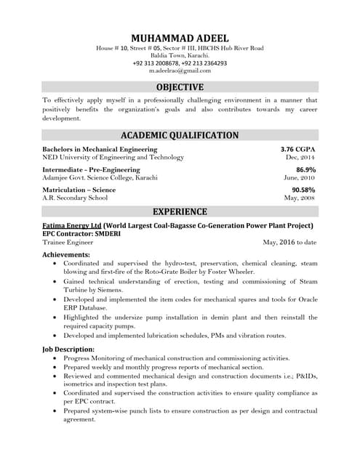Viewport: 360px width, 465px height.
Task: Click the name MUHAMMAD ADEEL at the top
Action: click(x=180, y=38)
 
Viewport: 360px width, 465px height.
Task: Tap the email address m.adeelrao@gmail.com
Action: click(x=180, y=71)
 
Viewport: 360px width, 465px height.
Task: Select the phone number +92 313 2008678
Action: click(x=155, y=63)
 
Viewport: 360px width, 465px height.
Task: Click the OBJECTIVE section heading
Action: click(x=180, y=88)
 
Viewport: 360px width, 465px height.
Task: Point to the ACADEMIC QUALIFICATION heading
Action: click(x=180, y=135)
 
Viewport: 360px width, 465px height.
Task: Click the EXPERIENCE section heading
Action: click(x=180, y=211)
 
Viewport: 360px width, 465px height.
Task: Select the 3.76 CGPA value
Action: click(x=298, y=149)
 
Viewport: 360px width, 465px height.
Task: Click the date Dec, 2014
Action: click(x=300, y=157)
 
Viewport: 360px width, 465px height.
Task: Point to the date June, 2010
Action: click(x=299, y=177)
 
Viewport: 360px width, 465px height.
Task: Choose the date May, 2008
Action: click(x=299, y=198)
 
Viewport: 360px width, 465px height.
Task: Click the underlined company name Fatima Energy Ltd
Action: click(x=72, y=226)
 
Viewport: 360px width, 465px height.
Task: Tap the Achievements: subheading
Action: click(x=66, y=255)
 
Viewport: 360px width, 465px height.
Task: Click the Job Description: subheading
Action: click(x=69, y=349)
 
